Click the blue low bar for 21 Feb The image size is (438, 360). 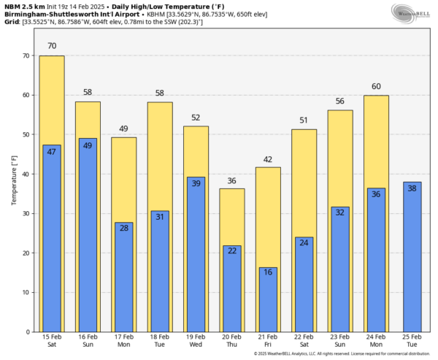click(x=268, y=299)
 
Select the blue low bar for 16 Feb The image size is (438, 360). click(x=88, y=234)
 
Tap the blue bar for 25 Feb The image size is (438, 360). click(x=412, y=256)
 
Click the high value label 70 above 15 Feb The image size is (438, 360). click(x=52, y=46)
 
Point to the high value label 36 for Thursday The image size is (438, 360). click(x=232, y=181)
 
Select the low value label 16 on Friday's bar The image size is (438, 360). click(x=268, y=272)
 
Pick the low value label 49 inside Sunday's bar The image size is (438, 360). click(x=88, y=145)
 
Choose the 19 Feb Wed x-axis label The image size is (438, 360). click(x=196, y=342)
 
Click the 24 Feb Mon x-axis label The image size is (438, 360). click(x=376, y=342)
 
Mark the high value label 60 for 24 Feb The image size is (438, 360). click(x=376, y=86)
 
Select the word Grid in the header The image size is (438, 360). click(x=10, y=21)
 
